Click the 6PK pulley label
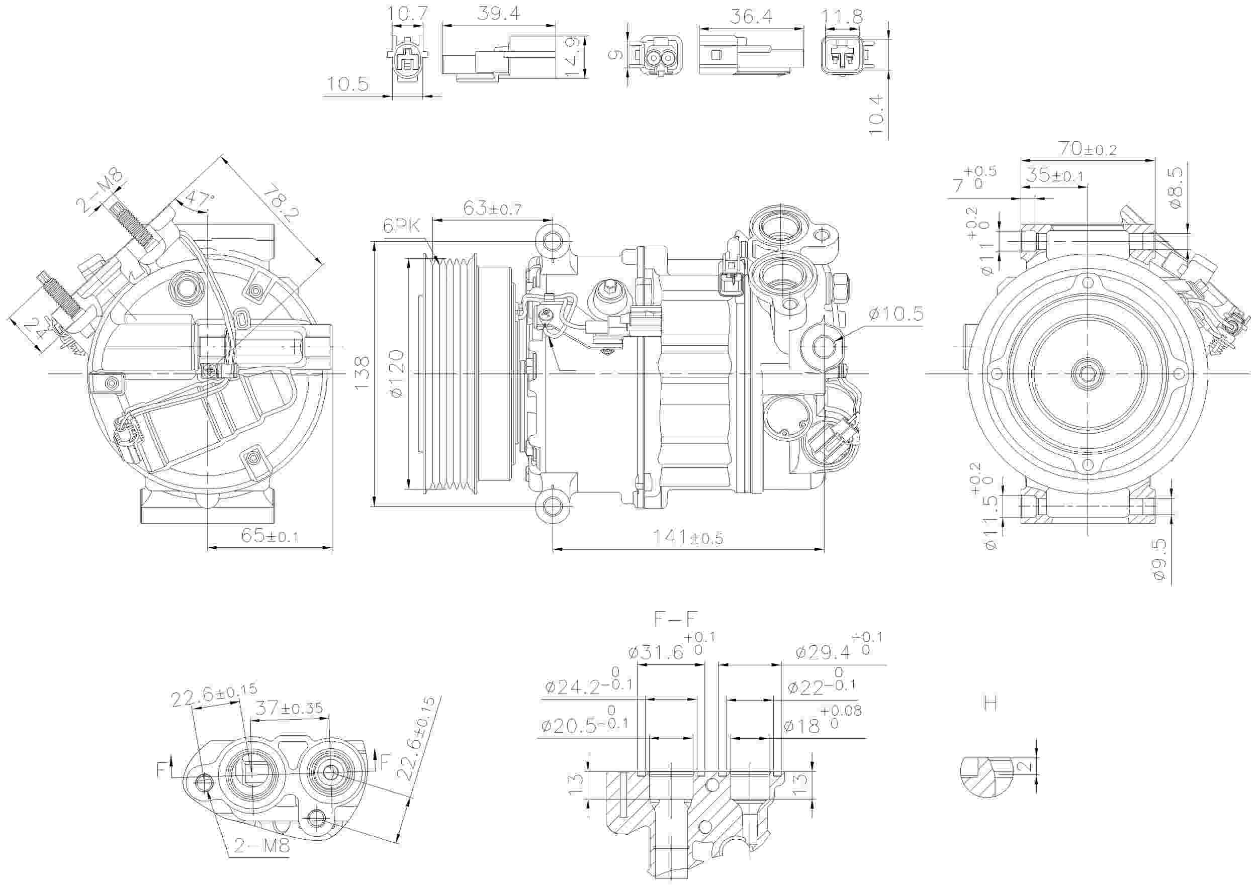coord(401,227)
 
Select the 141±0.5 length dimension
coord(688,538)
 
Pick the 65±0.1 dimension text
coord(270,536)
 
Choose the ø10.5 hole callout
coord(895,314)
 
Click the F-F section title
coord(676,619)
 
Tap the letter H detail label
coord(990,703)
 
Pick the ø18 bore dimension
coord(802,726)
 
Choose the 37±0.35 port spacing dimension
coord(290,709)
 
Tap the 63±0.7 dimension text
coord(492,209)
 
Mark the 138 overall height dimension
coord(362,373)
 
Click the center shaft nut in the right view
coord(1086,374)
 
